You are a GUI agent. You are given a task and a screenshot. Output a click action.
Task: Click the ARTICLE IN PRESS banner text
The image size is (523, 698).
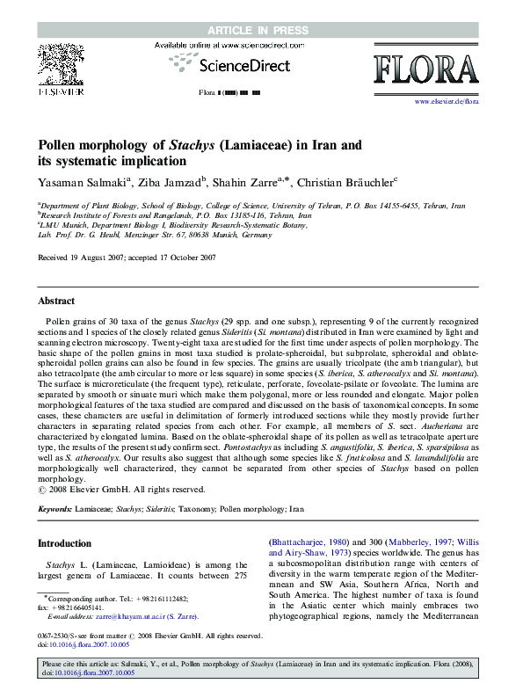click(261, 31)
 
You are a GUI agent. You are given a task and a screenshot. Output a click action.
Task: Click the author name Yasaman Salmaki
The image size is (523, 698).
click(82, 182)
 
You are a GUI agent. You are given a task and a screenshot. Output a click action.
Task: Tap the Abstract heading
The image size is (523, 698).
click(57, 301)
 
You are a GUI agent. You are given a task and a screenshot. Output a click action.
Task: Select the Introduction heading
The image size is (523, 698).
click(64, 543)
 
